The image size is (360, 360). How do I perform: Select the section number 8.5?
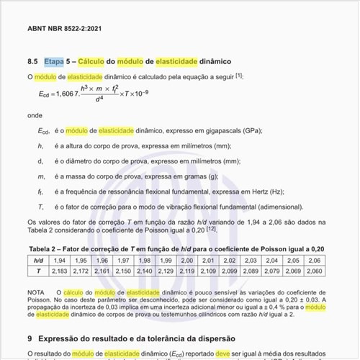point(33,61)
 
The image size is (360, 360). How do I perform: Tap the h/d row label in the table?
point(39,259)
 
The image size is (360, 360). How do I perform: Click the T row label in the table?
point(39,270)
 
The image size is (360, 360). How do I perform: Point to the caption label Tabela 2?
point(45,248)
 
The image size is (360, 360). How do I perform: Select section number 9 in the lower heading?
point(30,338)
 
